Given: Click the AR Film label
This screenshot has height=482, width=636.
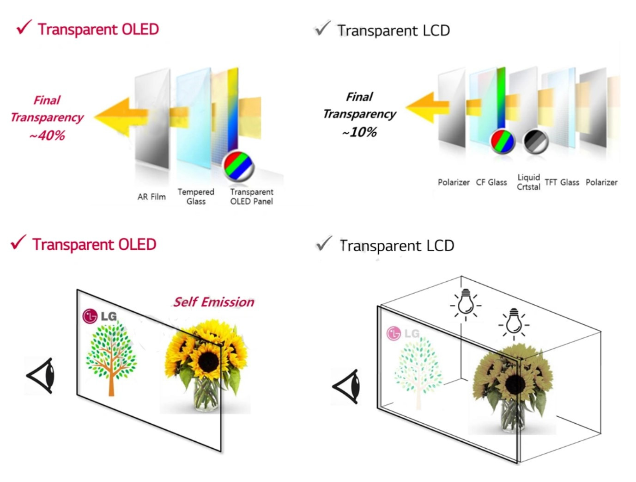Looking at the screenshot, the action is (x=151, y=197).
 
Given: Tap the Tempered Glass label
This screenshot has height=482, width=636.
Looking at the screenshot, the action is (x=196, y=197).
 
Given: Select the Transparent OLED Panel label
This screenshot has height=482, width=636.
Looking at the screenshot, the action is (x=252, y=197).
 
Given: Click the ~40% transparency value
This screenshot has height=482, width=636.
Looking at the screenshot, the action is (x=47, y=136).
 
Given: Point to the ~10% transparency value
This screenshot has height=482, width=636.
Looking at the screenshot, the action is (x=359, y=132).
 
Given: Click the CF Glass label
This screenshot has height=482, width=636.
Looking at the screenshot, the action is (x=491, y=183).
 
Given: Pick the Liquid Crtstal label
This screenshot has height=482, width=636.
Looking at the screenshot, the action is (x=528, y=182).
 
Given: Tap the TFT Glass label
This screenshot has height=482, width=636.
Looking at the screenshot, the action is (x=562, y=183).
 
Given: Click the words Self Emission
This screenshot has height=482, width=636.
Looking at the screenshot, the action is (x=214, y=302).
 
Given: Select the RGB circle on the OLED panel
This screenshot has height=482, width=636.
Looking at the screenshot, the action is (x=238, y=166).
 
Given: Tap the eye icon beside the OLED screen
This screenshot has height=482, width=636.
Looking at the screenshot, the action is (x=41, y=376).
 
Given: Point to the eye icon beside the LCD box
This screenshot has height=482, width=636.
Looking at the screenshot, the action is (x=346, y=387).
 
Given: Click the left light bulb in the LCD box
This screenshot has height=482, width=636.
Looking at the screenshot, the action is (x=465, y=305).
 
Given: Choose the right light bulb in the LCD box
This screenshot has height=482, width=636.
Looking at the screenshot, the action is (x=514, y=324).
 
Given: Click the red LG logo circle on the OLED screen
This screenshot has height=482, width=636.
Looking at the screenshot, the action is (x=90, y=316).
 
